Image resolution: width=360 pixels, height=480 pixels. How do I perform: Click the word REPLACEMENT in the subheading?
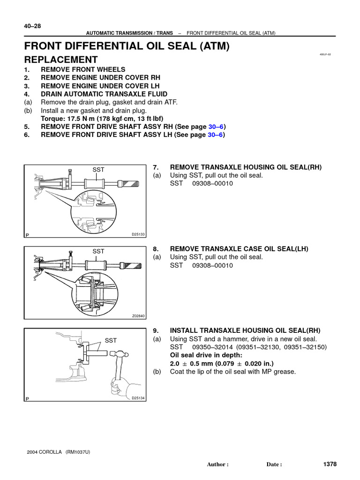coord(61,60)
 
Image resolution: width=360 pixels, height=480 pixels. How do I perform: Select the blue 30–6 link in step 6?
coord(215,135)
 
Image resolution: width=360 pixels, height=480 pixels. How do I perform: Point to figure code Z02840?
coord(138,316)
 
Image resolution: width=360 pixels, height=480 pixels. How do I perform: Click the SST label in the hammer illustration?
coord(111,340)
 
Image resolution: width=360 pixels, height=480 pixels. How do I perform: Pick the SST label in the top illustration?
coord(98,169)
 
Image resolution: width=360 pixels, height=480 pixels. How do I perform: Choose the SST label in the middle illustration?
coord(98,252)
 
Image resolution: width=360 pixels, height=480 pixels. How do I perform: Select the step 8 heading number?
coord(157,249)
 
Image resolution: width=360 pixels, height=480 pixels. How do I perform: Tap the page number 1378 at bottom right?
coord(330,464)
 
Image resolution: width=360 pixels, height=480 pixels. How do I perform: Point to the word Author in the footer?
coord(217,465)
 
